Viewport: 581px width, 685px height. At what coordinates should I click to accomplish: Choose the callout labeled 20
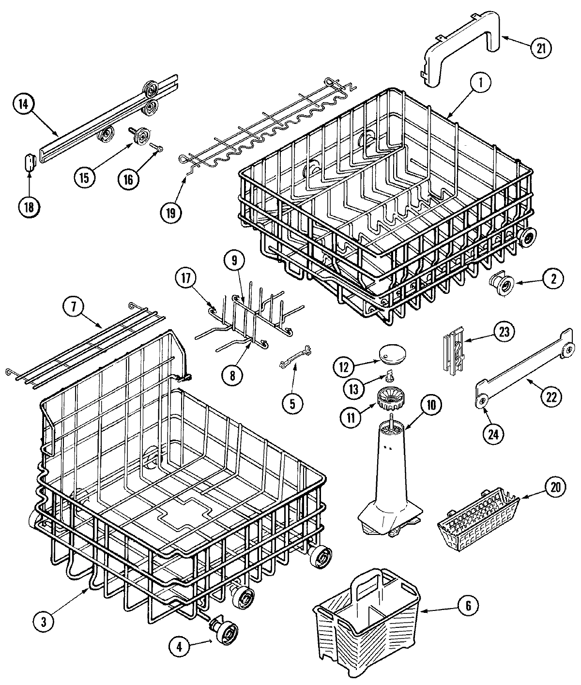click(x=555, y=487)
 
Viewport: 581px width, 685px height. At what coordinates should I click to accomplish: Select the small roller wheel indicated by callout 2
click(x=496, y=282)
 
